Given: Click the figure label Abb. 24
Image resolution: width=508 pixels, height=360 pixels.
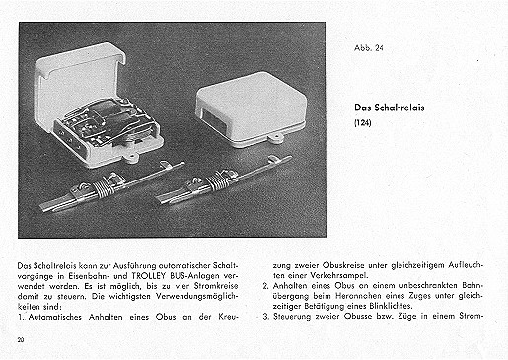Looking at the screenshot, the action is (x=369, y=48).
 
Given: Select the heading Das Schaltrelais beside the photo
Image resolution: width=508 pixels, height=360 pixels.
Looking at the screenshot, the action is (x=390, y=108).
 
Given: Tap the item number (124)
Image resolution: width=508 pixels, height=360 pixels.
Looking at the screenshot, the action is (x=363, y=123).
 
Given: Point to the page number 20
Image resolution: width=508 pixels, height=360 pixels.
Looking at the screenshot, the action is (x=21, y=340).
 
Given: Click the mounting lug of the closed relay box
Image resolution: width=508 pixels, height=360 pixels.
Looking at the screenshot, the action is (x=275, y=137).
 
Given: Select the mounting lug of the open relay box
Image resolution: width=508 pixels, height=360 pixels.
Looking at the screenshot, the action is (x=132, y=159).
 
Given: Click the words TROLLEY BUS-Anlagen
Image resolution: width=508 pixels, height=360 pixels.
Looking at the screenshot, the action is (x=173, y=275).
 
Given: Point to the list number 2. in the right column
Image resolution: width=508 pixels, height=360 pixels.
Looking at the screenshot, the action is (x=266, y=286).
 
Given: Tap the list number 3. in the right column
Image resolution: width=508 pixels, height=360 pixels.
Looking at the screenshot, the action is (x=266, y=317).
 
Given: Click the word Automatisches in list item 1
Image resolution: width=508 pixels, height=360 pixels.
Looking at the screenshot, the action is (x=55, y=317).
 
